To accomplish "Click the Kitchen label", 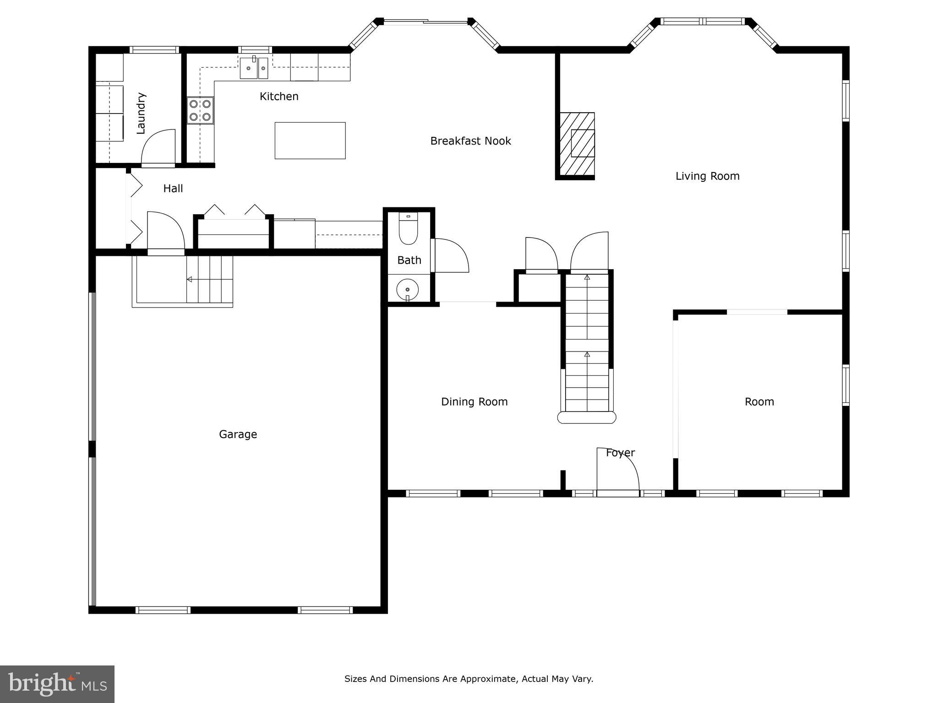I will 279,96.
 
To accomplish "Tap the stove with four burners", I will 200,110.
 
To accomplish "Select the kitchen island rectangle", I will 310,141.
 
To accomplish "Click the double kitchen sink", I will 254,68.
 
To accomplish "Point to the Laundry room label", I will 141,113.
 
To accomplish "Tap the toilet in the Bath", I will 408,230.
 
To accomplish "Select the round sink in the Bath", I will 407,290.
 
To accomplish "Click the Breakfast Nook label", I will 470,141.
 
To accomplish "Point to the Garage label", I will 238,434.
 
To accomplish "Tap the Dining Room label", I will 474,402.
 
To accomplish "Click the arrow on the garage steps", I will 189,279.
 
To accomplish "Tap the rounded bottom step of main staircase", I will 587,417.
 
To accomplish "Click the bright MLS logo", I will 57,684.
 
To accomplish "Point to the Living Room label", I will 707,176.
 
